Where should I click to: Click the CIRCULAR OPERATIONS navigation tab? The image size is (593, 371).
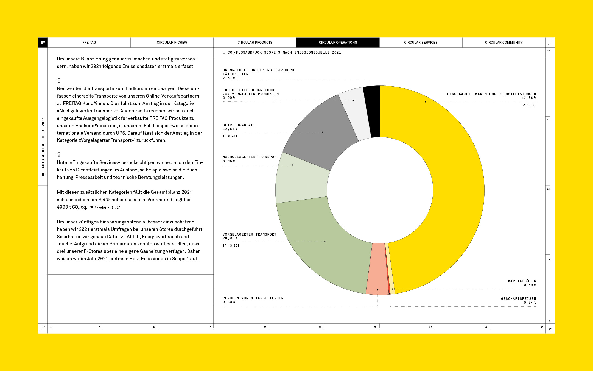tap(338, 43)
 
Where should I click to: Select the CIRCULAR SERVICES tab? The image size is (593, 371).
tap(421, 43)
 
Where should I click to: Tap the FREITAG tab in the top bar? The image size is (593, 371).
tap(89, 43)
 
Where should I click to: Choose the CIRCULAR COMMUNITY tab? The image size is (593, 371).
tap(504, 43)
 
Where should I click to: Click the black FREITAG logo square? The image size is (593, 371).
tap(43, 43)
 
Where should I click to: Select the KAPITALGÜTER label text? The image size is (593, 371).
tap(522, 281)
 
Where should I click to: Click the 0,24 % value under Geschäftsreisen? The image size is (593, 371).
tap(530, 303)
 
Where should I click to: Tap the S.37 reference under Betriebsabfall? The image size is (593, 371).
tap(230, 136)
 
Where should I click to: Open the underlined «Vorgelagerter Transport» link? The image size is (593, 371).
tap(106, 140)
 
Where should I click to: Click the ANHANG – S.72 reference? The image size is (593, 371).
tap(105, 207)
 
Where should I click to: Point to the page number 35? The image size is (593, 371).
tap(550, 329)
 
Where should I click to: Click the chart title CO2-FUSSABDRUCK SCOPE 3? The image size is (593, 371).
tap(284, 52)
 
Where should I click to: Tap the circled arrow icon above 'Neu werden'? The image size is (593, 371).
tap(59, 81)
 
